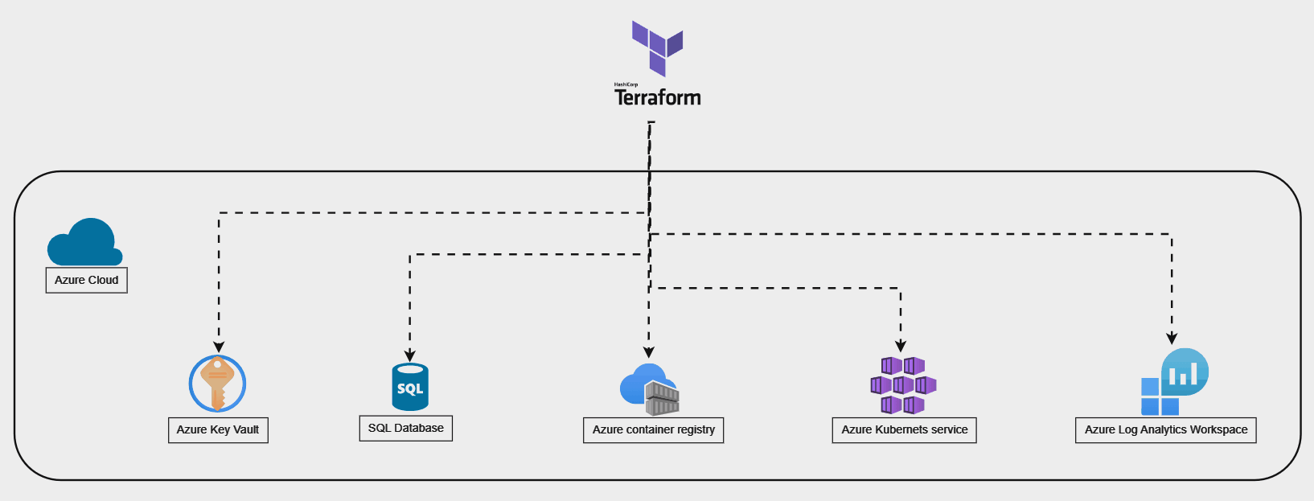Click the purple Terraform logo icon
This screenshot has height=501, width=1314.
pos(657,47)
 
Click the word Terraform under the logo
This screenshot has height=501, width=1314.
pos(658,98)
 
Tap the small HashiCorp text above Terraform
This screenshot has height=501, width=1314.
pos(626,84)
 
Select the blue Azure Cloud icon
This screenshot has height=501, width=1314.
pos(84,243)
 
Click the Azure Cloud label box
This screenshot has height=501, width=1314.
pos(87,280)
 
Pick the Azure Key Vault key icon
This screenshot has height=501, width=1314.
pos(217,384)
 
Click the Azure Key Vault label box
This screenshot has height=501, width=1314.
pos(218,429)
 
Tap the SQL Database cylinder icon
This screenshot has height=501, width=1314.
pos(410,387)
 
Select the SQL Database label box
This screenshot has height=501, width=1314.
pos(405,428)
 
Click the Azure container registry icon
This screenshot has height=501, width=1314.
pos(650,389)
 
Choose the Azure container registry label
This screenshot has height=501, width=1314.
pos(653,429)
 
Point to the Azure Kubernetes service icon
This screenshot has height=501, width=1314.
pos(903,386)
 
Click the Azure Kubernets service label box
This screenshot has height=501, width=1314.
pos(904,429)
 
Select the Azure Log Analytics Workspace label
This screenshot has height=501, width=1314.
pos(1165,429)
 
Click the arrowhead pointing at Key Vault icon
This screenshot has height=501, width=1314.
pos(219,347)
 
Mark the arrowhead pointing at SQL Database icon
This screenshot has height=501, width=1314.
pos(410,356)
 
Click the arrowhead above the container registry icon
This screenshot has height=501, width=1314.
pos(649,352)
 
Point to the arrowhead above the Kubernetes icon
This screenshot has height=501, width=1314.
pos(901,347)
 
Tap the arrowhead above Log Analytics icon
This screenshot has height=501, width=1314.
pos(1172,339)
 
